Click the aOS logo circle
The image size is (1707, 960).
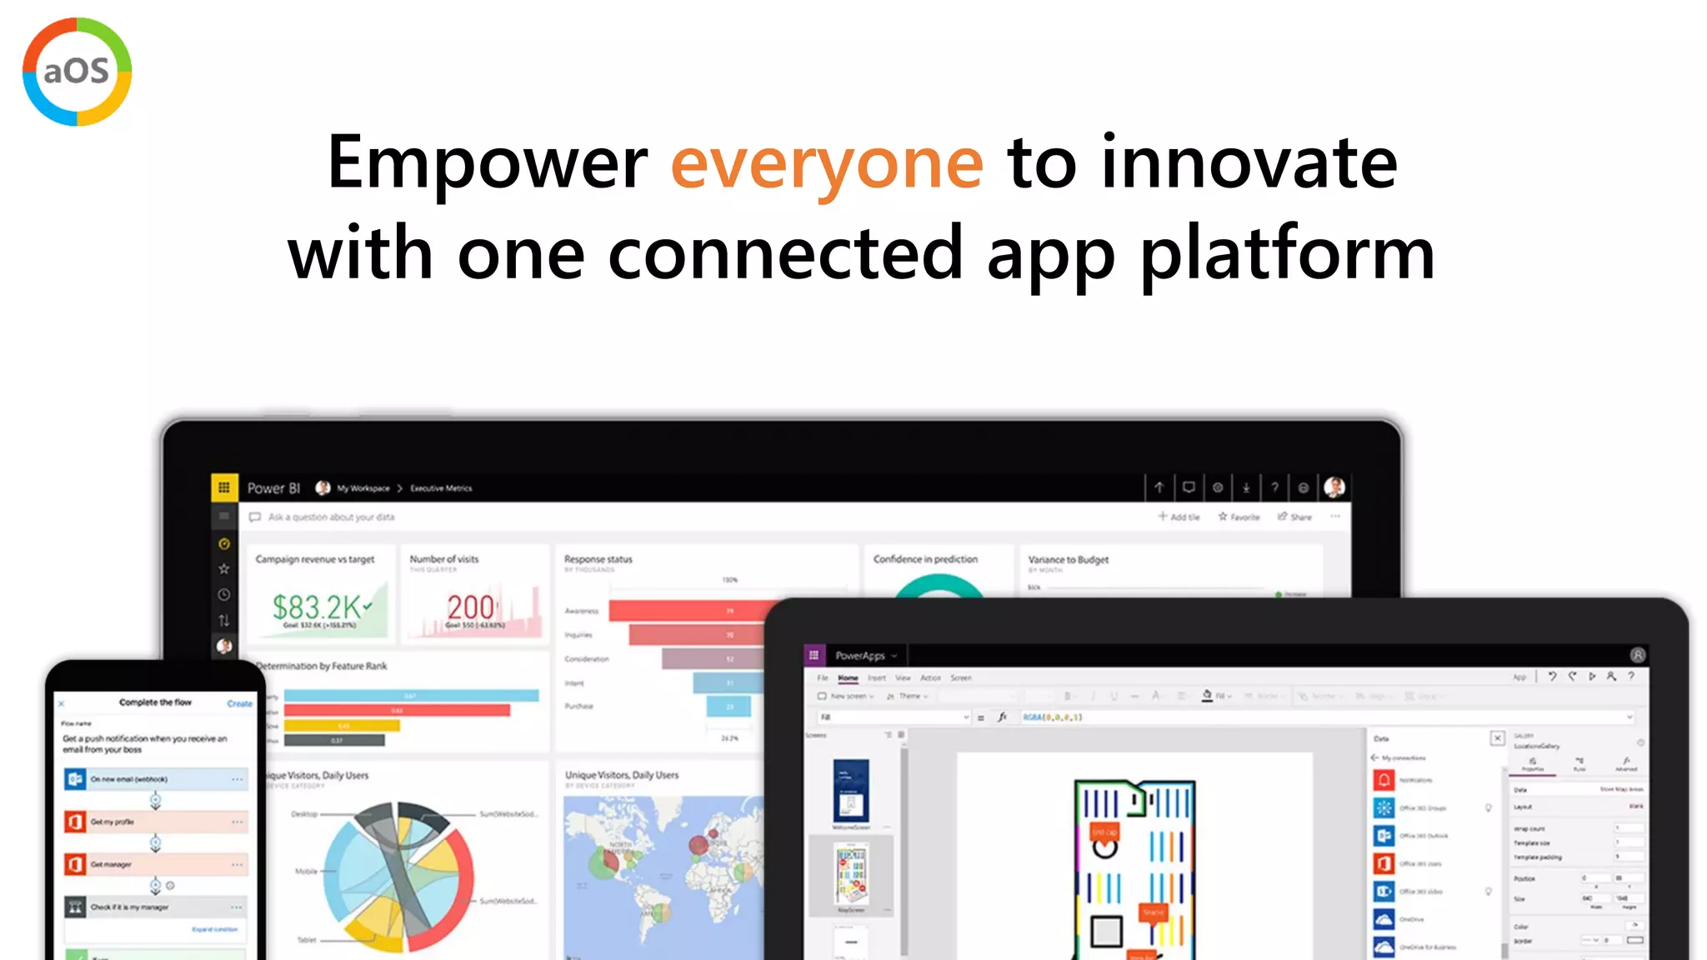(x=77, y=72)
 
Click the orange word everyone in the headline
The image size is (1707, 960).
(x=827, y=163)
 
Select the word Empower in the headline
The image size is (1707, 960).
(x=488, y=163)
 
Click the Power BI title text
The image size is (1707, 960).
(x=273, y=488)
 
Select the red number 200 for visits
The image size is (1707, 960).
(x=472, y=606)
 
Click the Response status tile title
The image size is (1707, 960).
(x=598, y=559)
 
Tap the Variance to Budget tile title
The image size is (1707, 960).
(x=1068, y=560)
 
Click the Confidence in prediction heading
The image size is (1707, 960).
(x=925, y=559)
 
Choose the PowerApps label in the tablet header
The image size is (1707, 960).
(x=860, y=656)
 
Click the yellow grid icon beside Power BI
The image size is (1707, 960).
(x=224, y=487)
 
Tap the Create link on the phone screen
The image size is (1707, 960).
(x=239, y=703)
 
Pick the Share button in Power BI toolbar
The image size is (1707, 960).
(x=1295, y=517)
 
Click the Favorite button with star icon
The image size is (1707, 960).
(x=1239, y=517)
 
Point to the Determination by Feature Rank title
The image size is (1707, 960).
(x=322, y=666)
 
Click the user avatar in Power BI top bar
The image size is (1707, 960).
(x=1334, y=487)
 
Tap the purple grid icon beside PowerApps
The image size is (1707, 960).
(x=814, y=656)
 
